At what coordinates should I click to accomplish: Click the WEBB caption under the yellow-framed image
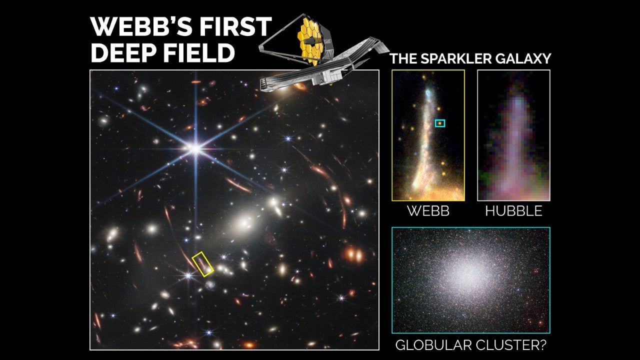click(428, 211)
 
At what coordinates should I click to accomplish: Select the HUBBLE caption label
click(513, 211)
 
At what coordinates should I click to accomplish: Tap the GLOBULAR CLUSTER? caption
click(470, 344)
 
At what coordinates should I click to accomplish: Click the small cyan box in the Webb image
click(439, 123)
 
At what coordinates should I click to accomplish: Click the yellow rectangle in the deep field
click(203, 264)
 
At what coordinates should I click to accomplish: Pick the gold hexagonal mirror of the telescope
click(310, 40)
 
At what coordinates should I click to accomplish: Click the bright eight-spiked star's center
click(195, 148)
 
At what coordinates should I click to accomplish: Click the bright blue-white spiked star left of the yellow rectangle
click(188, 275)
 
